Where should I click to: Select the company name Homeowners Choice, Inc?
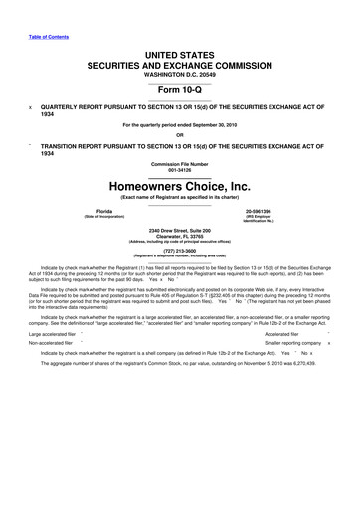(x=180, y=186)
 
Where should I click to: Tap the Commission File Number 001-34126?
(x=180, y=168)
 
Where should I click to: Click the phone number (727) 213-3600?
(x=180, y=251)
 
